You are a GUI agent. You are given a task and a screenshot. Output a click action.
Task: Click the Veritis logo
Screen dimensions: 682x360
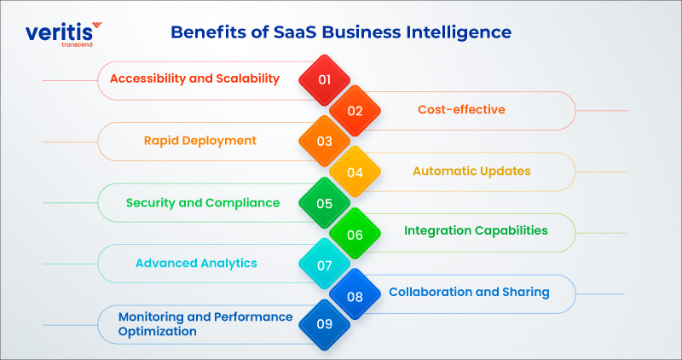tap(63, 34)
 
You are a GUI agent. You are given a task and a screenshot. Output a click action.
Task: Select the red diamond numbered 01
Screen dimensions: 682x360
tap(325, 80)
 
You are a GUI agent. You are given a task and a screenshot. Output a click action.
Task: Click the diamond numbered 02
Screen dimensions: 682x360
tap(355, 111)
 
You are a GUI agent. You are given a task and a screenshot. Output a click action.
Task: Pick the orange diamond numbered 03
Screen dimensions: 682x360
tap(325, 142)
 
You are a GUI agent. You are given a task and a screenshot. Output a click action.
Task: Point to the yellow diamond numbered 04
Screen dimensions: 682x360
tap(355, 172)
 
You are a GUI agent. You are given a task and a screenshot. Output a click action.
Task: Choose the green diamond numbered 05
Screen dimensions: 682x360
tap(325, 203)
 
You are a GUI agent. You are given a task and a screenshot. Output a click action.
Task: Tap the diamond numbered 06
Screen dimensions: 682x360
tap(355, 235)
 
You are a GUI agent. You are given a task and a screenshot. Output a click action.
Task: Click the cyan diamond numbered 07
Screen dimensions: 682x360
tap(325, 264)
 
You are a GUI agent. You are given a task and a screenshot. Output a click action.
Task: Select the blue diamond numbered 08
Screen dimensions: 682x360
tap(355, 295)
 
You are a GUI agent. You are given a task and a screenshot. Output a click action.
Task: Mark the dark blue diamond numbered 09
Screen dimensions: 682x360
tap(325, 324)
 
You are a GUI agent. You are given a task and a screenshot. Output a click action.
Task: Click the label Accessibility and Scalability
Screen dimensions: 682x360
tap(194, 78)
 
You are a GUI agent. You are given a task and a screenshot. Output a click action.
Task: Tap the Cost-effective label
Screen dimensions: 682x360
tap(461, 109)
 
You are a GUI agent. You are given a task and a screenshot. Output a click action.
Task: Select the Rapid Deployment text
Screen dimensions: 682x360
tap(200, 141)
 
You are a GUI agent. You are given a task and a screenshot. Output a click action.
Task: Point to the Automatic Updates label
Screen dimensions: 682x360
tap(471, 171)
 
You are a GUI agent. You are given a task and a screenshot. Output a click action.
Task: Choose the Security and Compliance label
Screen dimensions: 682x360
tap(203, 203)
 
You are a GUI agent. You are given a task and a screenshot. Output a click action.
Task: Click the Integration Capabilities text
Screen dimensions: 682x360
tap(476, 230)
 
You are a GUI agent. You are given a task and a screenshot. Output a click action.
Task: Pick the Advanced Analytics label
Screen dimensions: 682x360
tap(196, 264)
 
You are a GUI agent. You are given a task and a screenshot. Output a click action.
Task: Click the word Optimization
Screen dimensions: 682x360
tap(158, 332)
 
